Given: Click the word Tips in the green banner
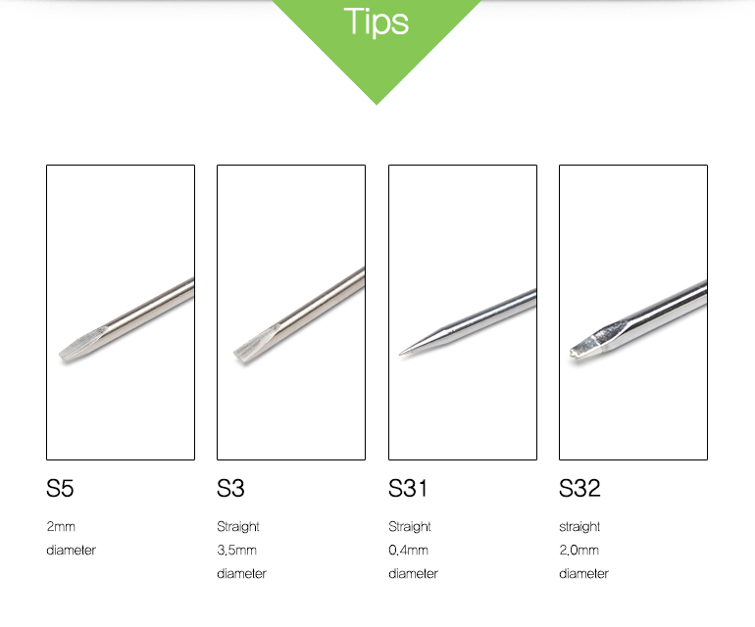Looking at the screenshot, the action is (377, 22).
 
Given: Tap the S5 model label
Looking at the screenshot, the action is (60, 488).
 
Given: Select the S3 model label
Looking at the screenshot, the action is (230, 488).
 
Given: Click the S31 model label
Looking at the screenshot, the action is (408, 488).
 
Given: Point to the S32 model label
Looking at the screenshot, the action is (579, 488).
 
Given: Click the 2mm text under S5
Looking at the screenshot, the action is (61, 526).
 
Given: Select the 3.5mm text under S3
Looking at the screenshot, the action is (237, 550).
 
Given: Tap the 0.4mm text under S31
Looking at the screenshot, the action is (408, 550).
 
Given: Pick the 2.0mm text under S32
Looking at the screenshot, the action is (579, 550).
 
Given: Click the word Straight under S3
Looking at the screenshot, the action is (238, 527).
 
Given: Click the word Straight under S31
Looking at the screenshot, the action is (410, 527).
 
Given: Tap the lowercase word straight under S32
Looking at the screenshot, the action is (579, 527).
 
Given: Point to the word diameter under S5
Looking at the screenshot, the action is (72, 550).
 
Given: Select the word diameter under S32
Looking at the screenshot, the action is (584, 573).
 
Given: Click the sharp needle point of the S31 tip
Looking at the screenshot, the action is (400, 354).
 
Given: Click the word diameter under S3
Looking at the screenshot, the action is (242, 573).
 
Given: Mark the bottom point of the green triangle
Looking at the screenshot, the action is (377, 104).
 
